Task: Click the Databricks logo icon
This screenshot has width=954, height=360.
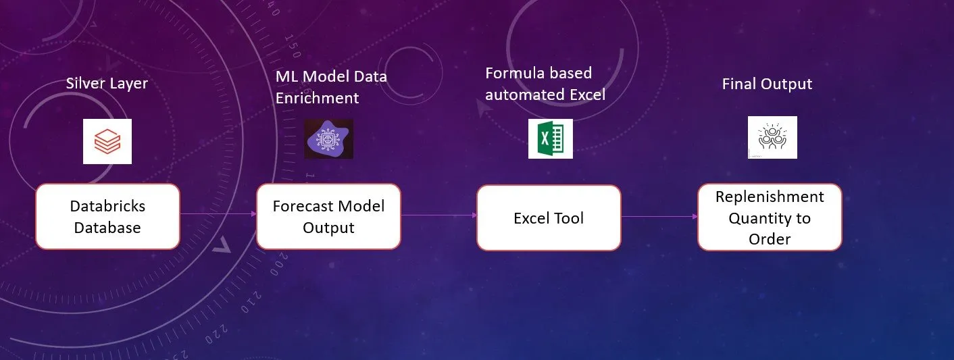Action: [107, 141]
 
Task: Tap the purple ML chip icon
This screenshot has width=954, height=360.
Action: [328, 138]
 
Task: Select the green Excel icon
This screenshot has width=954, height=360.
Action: [550, 138]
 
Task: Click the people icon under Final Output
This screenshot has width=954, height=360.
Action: [772, 137]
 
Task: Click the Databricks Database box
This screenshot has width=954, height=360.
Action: [107, 216]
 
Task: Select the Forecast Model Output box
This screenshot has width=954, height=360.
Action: [328, 216]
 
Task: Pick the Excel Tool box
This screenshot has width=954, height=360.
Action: [549, 217]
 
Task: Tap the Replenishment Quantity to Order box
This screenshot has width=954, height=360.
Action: [770, 217]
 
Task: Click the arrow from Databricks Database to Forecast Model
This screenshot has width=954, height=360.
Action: [218, 213]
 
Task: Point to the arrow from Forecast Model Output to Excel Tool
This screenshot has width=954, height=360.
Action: [439, 215]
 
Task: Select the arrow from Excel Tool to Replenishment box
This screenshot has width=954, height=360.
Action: [659, 216]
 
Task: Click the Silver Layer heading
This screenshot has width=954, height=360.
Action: [107, 83]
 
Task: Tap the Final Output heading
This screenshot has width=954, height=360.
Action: [767, 84]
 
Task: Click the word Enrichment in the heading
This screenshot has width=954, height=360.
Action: [318, 98]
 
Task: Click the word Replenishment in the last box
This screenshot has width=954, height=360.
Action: [770, 197]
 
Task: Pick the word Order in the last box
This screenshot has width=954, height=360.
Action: [770, 238]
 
